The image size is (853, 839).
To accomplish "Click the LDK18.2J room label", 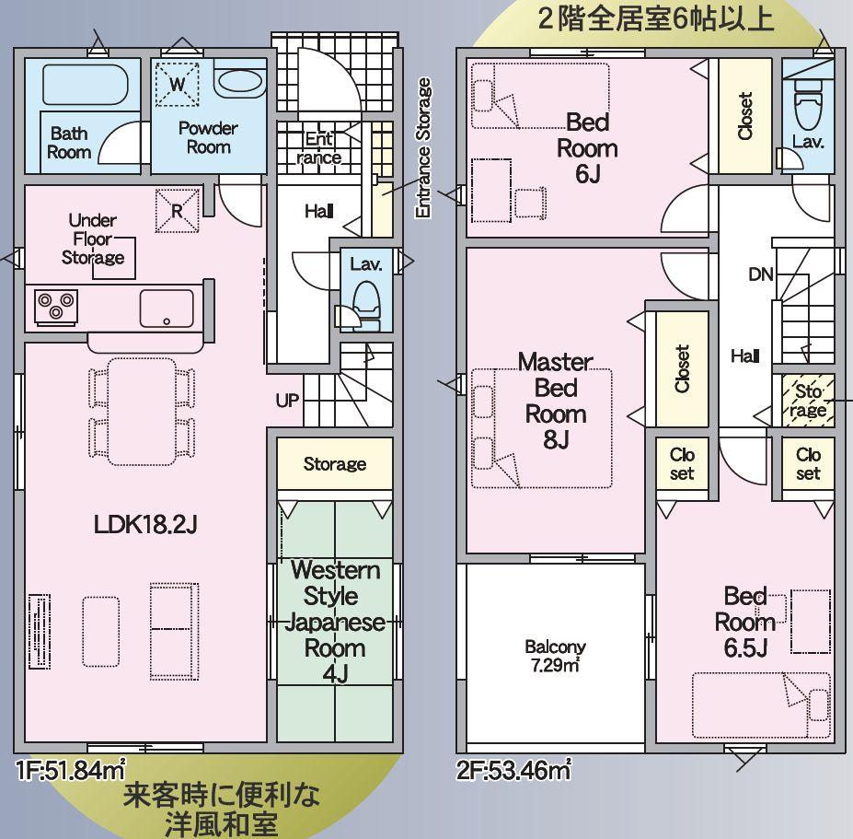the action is coord(145,524).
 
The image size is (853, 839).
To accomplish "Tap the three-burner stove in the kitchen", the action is coord(56,307).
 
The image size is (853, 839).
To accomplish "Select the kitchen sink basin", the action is coord(167,309).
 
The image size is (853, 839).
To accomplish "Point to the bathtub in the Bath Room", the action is coord(86,85).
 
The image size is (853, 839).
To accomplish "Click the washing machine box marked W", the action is coord(178,85).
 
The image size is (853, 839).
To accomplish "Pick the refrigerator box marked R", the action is coord(178,211).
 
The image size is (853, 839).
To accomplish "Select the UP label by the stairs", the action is coord(287,401).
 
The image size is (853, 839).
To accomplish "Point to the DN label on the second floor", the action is coord(761,274).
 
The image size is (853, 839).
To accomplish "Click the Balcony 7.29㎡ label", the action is coord(555,656).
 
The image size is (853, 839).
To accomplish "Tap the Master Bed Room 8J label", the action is coord(556,401).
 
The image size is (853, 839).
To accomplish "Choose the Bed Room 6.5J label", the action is coord(745,622).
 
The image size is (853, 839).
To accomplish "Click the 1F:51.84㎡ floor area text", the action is coord(71,770).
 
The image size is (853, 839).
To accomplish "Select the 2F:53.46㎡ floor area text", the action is coord(513,770).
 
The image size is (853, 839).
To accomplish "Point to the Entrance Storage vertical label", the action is coord(423,147).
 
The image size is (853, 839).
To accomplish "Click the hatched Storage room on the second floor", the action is coord(808,401).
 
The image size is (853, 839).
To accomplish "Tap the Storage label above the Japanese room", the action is coord(335,464).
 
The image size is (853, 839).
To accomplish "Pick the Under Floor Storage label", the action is coord(93,239).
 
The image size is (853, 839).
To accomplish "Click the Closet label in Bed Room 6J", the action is coord(744,115).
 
